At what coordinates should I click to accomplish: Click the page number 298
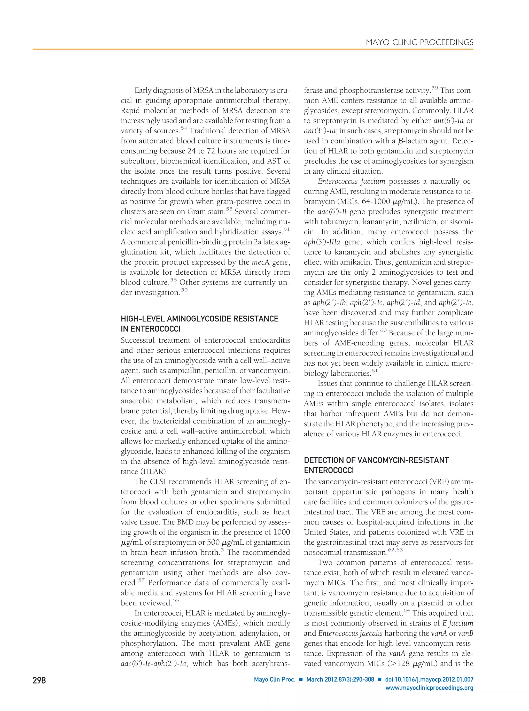(39, 680)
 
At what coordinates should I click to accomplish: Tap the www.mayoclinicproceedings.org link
(429, 688)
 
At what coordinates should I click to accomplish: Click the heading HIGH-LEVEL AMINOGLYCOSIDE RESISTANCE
(199, 319)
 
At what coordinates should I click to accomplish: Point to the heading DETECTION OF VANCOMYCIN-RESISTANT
(376, 460)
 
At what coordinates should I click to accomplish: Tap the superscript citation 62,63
(395, 550)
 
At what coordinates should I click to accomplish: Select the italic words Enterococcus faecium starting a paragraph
(351, 181)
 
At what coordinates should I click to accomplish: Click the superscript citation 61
(375, 371)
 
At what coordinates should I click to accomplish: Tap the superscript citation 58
(176, 600)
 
